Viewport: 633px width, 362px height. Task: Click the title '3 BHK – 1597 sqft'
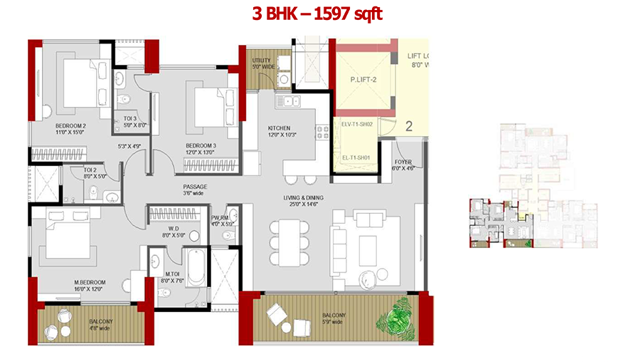pyautogui.click(x=317, y=14)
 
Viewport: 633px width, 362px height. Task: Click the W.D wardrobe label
pyautogui.click(x=174, y=230)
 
